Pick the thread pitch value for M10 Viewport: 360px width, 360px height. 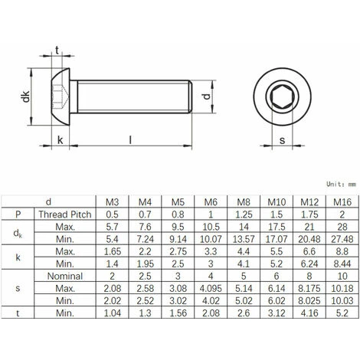click(x=277, y=215)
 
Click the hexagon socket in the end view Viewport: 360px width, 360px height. click(x=282, y=97)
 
